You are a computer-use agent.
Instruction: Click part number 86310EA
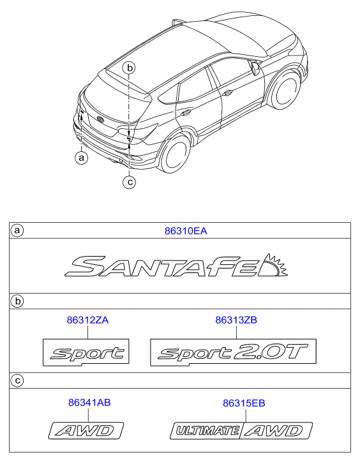click(x=186, y=231)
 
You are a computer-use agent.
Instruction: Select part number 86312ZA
click(x=87, y=320)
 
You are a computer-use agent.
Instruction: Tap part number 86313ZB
click(x=236, y=320)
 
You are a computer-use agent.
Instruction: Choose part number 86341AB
click(x=89, y=403)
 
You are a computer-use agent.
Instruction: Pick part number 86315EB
click(x=244, y=403)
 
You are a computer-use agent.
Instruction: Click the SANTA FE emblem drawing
click(x=176, y=266)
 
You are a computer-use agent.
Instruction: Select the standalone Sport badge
click(x=86, y=352)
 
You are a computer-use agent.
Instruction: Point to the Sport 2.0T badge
click(x=233, y=352)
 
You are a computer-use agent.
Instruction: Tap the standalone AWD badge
click(x=86, y=430)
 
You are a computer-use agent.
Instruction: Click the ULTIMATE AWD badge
click(x=241, y=431)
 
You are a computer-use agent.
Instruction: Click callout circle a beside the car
click(x=82, y=158)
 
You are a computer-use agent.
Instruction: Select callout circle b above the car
click(x=129, y=68)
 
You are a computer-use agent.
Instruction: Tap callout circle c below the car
click(x=129, y=182)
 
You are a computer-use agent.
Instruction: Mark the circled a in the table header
click(x=17, y=230)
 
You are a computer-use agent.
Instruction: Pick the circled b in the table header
click(x=17, y=301)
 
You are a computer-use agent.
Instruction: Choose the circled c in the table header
click(x=17, y=380)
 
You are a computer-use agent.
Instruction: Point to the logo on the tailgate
click(x=101, y=119)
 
